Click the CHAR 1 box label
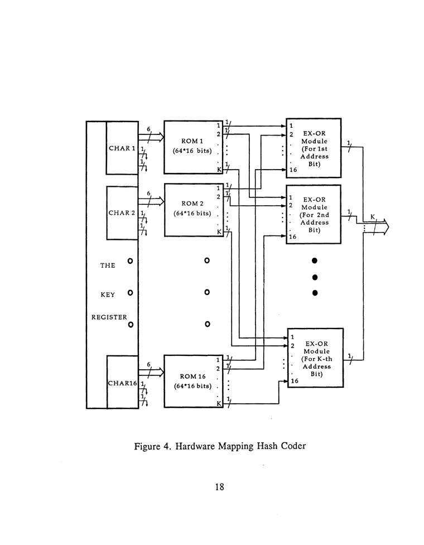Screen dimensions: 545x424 (122, 148)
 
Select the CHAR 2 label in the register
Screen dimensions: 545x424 (122, 213)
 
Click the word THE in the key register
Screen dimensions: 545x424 (108, 266)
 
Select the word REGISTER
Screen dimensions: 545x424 (109, 317)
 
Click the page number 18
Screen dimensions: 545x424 (219, 486)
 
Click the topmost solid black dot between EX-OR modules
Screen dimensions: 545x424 (315, 261)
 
